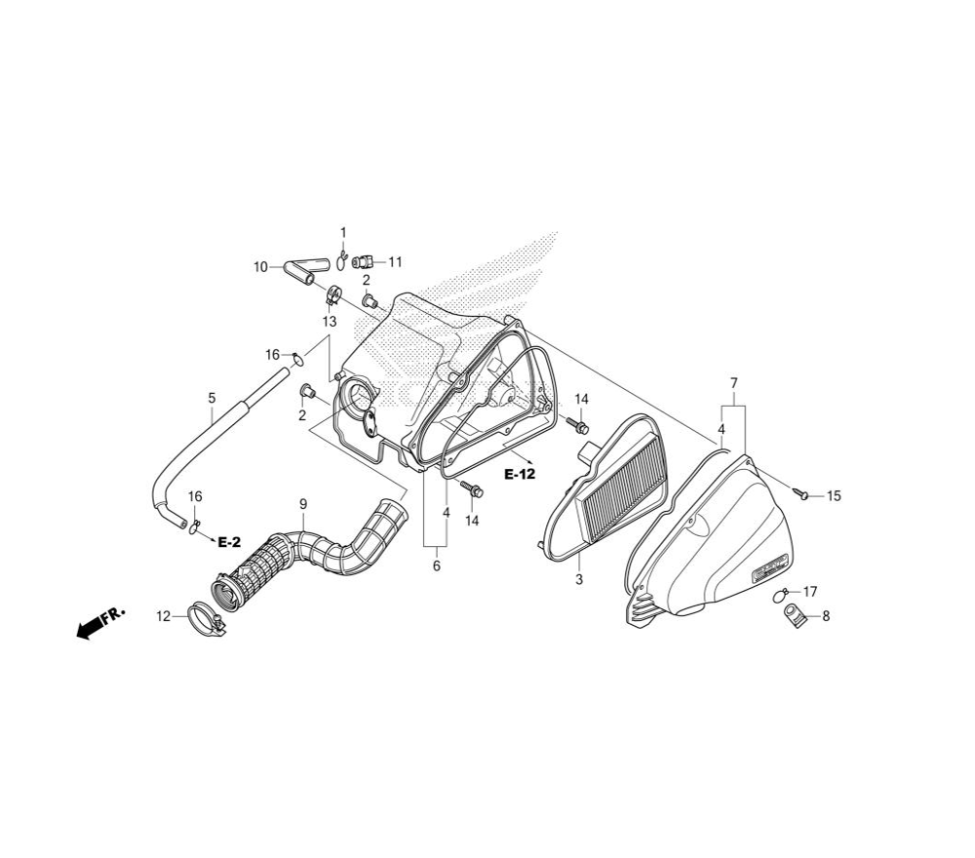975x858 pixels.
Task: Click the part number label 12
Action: click(163, 617)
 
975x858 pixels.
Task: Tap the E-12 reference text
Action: click(520, 475)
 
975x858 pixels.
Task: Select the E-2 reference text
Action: click(229, 543)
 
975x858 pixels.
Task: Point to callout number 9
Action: click(303, 504)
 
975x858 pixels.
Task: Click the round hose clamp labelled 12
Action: click(207, 617)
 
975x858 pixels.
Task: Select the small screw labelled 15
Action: click(800, 493)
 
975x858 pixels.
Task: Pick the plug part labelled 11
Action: click(363, 261)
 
